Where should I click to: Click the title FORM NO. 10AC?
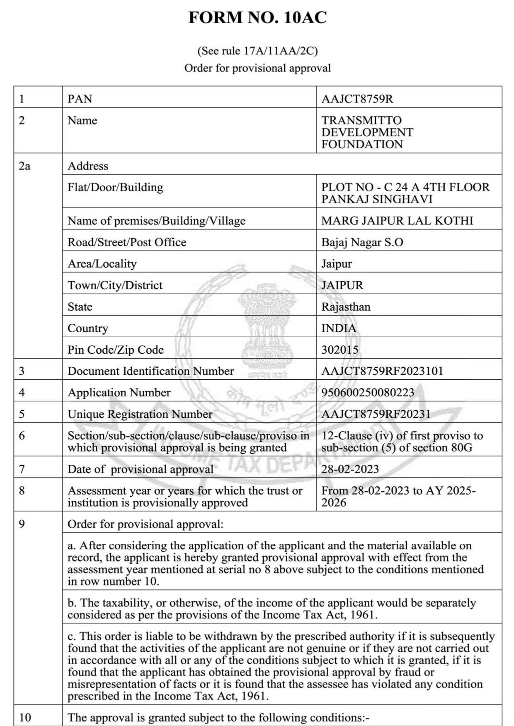pyautogui.click(x=257, y=18)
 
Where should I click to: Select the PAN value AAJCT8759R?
pyautogui.click(x=357, y=99)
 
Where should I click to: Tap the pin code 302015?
pyautogui.click(x=339, y=350)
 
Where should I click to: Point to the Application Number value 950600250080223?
pyautogui.click(x=368, y=392)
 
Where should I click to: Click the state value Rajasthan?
pyautogui.click(x=346, y=307)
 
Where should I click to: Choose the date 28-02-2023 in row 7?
pyautogui.click(x=350, y=469)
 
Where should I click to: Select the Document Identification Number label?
pyautogui.click(x=150, y=371)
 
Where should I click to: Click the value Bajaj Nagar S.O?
pyautogui.click(x=362, y=242)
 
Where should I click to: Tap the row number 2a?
pyautogui.click(x=25, y=166)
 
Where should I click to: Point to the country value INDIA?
pyautogui.click(x=339, y=328)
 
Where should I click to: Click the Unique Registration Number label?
pyautogui.click(x=140, y=414)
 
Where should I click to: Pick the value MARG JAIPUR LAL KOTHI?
pyautogui.click(x=397, y=221)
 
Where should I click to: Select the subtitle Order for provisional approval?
pyautogui.click(x=257, y=68)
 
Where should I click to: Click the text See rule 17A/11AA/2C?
pyautogui.click(x=257, y=51)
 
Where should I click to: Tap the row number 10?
pyautogui.click(x=25, y=717)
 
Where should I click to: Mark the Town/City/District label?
pyautogui.click(x=115, y=285)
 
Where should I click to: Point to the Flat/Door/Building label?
pyautogui.click(x=115, y=187)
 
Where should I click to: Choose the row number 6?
pyautogui.click(x=22, y=436)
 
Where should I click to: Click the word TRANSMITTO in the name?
pyautogui.click(x=361, y=121)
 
